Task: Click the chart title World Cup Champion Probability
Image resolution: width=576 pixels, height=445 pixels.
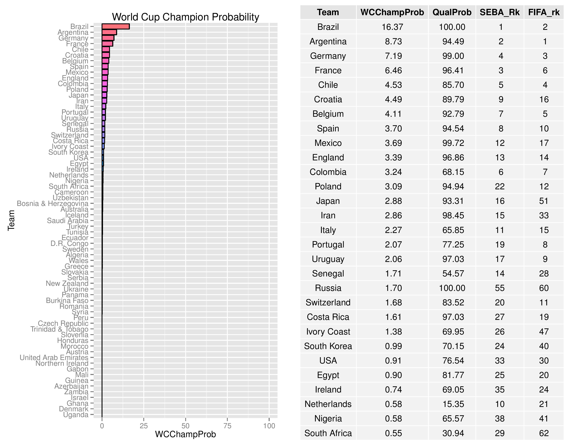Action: pyautogui.click(x=185, y=17)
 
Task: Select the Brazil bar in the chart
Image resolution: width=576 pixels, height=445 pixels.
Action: pyautogui.click(x=116, y=27)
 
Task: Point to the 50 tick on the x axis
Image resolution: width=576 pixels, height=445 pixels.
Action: pyautogui.click(x=185, y=426)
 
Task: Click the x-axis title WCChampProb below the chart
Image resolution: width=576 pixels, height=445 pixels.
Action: pyautogui.click(x=185, y=434)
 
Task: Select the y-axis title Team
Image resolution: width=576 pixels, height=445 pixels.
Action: pyautogui.click(x=11, y=220)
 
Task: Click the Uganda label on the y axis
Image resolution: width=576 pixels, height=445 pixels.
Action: pyautogui.click(x=76, y=415)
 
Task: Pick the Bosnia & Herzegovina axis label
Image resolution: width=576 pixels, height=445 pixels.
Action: pyautogui.click(x=53, y=203)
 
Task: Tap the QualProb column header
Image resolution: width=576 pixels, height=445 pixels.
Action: pyautogui.click(x=452, y=12)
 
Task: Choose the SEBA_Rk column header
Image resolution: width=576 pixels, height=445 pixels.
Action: pyautogui.click(x=500, y=12)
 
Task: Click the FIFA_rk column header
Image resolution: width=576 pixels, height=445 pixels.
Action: pyautogui.click(x=544, y=12)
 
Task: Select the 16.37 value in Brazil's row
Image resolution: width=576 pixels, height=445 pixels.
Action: pyautogui.click(x=392, y=27)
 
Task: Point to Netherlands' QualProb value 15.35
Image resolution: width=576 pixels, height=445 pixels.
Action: pyautogui.click(x=453, y=404)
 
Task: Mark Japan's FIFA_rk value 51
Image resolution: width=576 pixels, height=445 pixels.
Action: pyautogui.click(x=544, y=201)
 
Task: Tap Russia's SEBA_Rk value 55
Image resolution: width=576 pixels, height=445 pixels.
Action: pyautogui.click(x=500, y=288)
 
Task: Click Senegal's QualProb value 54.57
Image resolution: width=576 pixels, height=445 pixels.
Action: pyautogui.click(x=453, y=273)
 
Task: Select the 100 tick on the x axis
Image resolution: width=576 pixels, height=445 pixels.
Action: pyautogui.click(x=269, y=426)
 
